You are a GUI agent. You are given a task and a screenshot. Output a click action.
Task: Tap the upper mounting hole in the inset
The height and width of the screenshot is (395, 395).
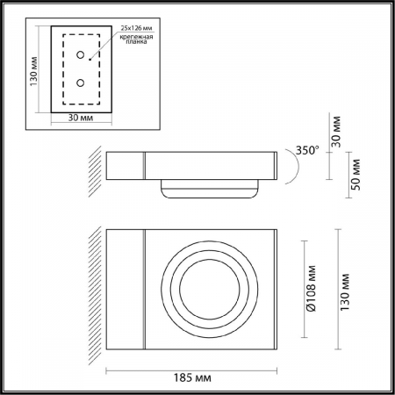point(80,54)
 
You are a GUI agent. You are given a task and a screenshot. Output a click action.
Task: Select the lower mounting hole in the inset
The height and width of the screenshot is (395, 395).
point(80,83)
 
